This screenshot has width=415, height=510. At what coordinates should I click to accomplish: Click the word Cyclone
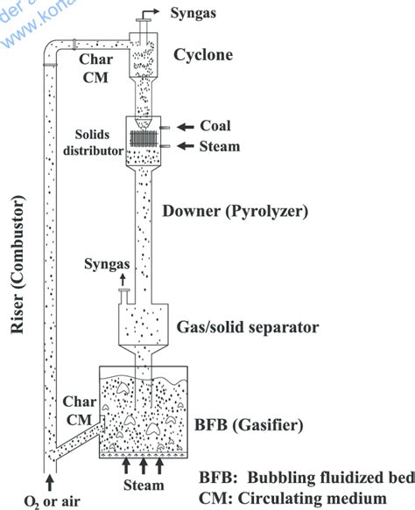coord(202,55)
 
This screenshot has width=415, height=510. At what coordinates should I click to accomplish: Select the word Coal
coord(215,125)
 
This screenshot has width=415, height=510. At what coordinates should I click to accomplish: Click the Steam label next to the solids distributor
coord(220,146)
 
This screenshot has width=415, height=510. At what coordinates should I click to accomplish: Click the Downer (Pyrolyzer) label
coord(236,211)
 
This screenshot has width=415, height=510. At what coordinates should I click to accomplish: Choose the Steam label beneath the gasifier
coord(142,485)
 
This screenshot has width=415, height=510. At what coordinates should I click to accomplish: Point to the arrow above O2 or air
coord(48,479)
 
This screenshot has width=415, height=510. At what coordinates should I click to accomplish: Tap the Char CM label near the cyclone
coord(94,69)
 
